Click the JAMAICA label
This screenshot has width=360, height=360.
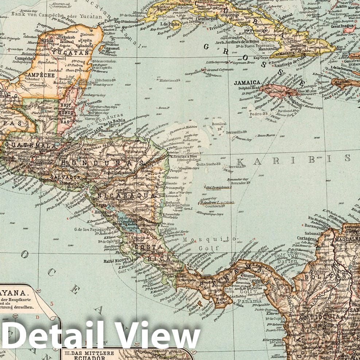pos(247,82)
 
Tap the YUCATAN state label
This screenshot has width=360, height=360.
pos(76,53)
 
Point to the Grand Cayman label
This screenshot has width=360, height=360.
pos(218,69)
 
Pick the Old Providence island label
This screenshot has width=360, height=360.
pos(218,187)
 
